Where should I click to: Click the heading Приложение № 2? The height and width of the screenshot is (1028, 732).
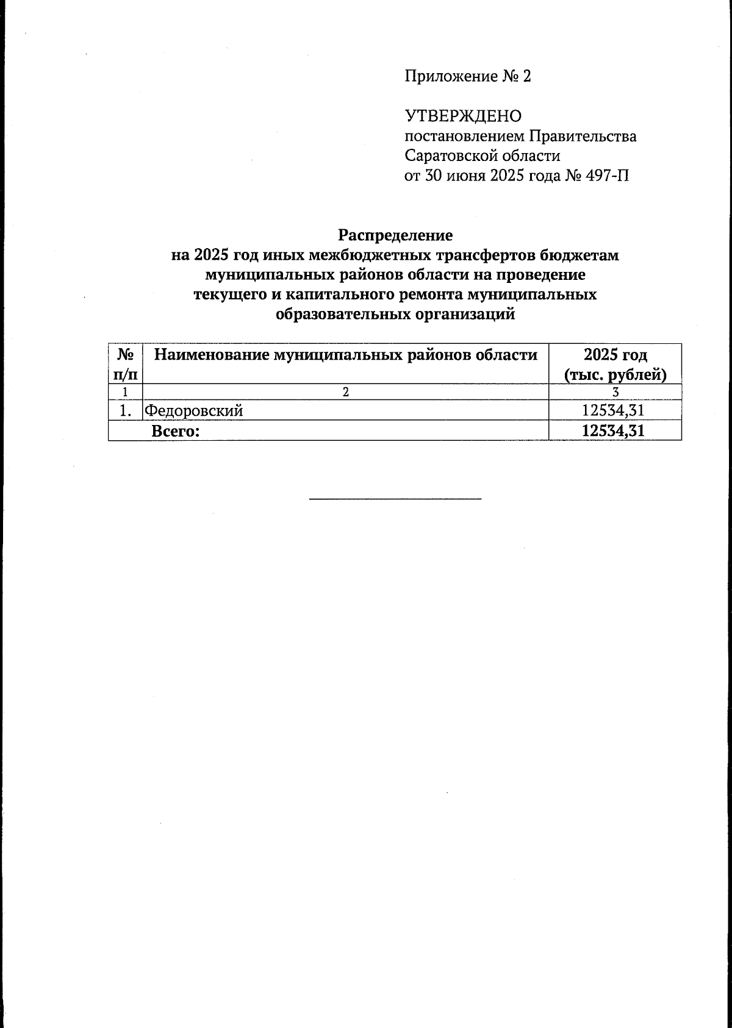tap(467, 77)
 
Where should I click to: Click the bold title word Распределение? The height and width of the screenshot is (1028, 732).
tap(395, 235)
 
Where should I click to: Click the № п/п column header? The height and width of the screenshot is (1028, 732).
tap(125, 364)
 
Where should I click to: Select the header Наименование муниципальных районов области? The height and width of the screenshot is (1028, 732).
tap(345, 355)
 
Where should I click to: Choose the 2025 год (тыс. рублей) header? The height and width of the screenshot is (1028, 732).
tap(615, 364)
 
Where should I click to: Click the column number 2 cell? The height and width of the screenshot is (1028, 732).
tap(345, 392)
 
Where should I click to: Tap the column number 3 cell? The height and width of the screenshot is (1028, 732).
tap(615, 392)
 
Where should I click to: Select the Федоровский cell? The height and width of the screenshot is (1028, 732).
tap(194, 411)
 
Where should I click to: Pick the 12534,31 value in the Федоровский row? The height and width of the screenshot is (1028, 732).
tap(613, 410)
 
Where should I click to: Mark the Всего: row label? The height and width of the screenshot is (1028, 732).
tap(176, 431)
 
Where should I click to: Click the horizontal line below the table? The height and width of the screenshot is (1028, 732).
tap(395, 499)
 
